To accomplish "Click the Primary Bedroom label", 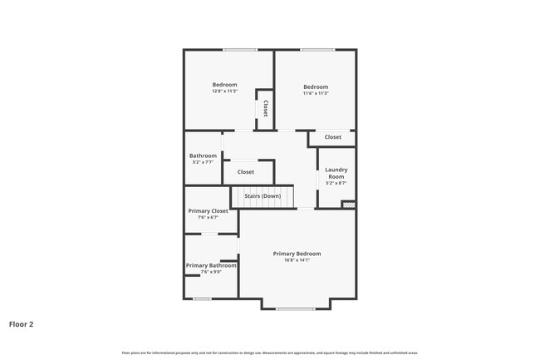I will pos(297,254).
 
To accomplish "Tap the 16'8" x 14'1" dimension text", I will pos(297,260).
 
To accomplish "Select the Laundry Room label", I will pos(336,173).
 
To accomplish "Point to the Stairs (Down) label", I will pos(263,196).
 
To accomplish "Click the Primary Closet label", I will pos(208,211).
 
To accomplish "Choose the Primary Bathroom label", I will pos(208,265).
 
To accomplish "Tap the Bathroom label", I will pos(203,155).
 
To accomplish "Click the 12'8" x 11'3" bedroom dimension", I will pos(224,91).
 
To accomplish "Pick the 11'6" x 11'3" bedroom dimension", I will pos(316,93).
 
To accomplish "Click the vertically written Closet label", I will pos(265,109).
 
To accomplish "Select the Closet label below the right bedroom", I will pos(332,137).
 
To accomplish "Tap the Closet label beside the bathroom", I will pos(246,172).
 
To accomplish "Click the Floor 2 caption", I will pos(21,323).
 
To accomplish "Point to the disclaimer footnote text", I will pos(269,353).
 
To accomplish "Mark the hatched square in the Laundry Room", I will pos(348,204).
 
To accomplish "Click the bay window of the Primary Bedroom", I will pos(295,309).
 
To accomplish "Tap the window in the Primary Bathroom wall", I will pos(202,298).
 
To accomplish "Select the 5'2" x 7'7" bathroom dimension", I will pos(203,162).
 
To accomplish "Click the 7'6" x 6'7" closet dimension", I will pos(208,218).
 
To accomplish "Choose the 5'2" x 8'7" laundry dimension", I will pos(336,183).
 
